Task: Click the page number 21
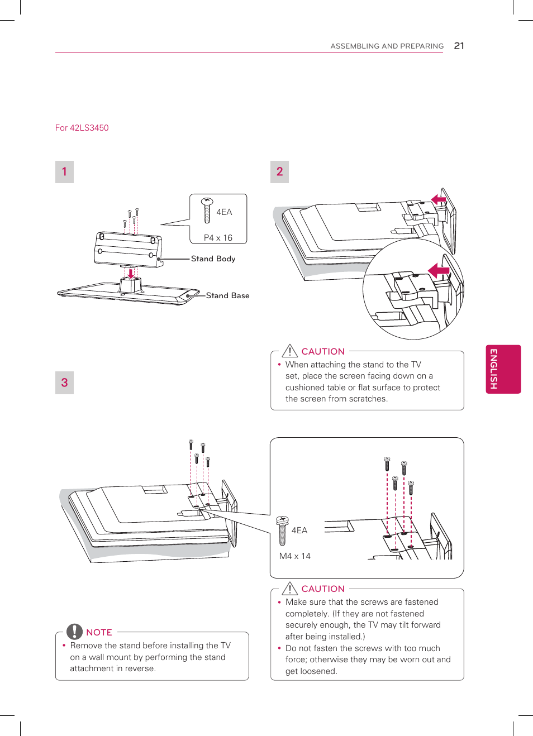coord(459,46)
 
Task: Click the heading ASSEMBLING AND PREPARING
coord(387,46)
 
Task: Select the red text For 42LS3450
coord(82,128)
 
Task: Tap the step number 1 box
coord(64,172)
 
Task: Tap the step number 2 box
coord(279,172)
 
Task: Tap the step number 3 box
coord(64,383)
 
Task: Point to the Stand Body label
coord(213,259)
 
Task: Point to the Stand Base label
coord(227,295)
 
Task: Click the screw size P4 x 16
coord(218,238)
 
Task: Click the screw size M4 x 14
coord(294,556)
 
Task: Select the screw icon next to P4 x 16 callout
coord(207,210)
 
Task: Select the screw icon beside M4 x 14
coord(282,530)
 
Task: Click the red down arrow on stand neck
coord(131,274)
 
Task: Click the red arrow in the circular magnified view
coord(439,271)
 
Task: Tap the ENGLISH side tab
coord(503,369)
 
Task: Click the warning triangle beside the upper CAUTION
coord(289,351)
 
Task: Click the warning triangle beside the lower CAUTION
coord(289,588)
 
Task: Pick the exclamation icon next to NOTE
coord(74,632)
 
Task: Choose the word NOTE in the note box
coord(99,632)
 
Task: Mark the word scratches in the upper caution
coord(367,399)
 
